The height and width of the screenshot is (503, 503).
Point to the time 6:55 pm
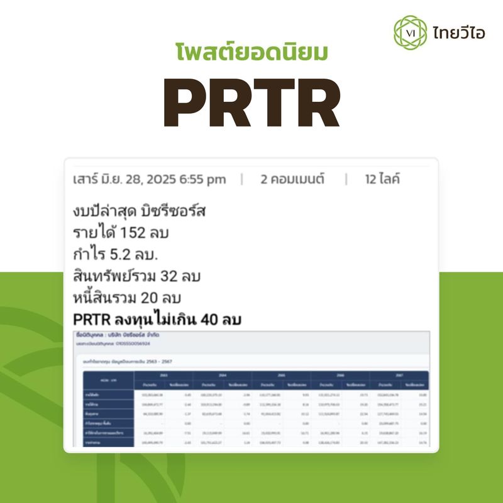[202, 179]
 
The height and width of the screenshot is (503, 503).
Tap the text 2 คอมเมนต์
[292, 179]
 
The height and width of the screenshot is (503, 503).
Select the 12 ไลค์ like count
[382, 179]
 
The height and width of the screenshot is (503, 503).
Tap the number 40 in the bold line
[211, 320]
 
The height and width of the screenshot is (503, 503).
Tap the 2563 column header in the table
[163, 375]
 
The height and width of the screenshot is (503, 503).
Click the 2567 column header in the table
[399, 375]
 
